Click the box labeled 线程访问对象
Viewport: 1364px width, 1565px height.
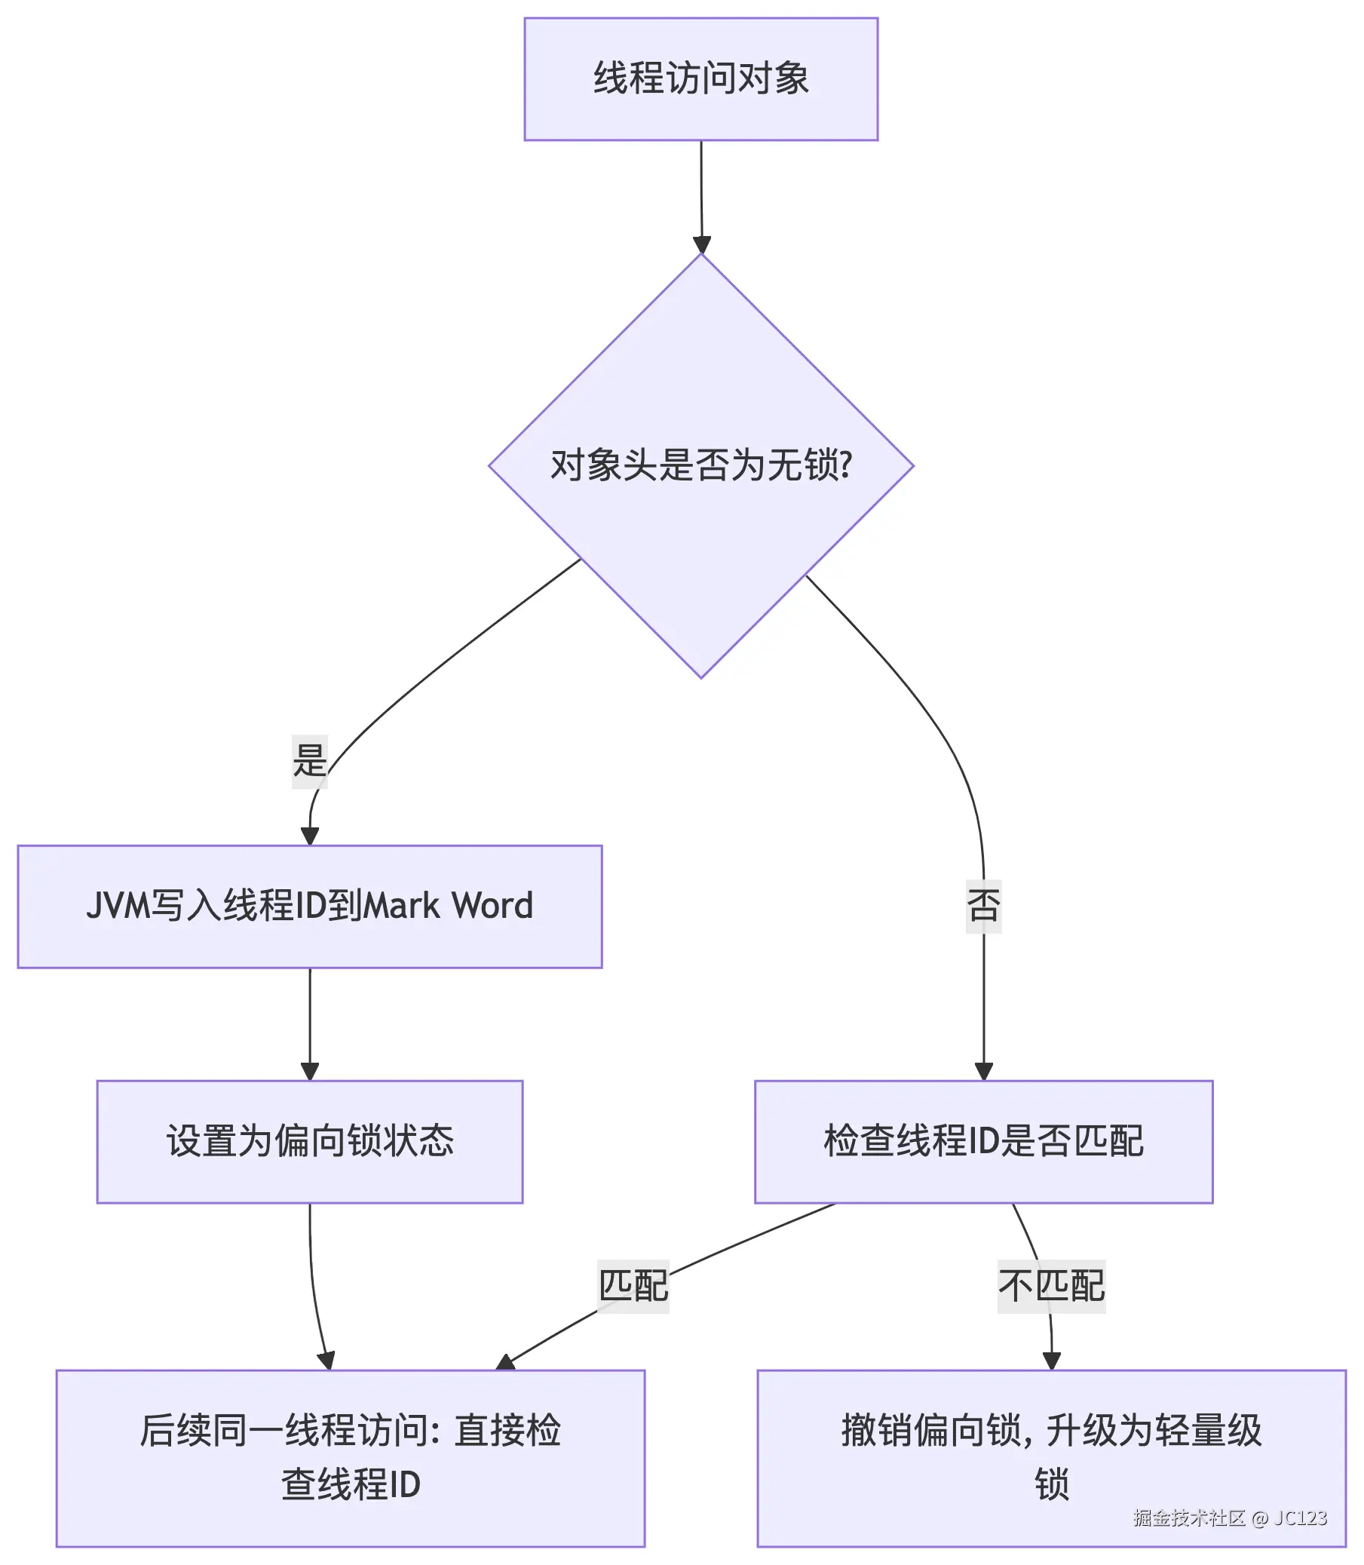click(x=700, y=79)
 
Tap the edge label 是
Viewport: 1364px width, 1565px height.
click(x=310, y=760)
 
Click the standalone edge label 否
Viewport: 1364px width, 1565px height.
click(x=983, y=906)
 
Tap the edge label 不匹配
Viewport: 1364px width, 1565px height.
click(x=1051, y=1287)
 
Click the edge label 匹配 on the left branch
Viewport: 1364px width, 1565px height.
click(x=633, y=1287)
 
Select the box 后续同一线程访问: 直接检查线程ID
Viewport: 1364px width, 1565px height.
click(x=350, y=1458)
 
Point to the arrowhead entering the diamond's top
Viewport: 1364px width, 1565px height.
click(x=702, y=245)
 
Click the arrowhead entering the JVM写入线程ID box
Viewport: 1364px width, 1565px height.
click(x=310, y=836)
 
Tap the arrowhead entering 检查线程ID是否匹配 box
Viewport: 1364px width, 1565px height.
click(x=983, y=1071)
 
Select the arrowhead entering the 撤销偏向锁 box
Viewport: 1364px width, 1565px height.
click(x=1051, y=1361)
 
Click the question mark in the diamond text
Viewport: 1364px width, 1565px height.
click(x=846, y=465)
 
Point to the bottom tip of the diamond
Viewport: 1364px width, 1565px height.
click(x=701, y=676)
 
